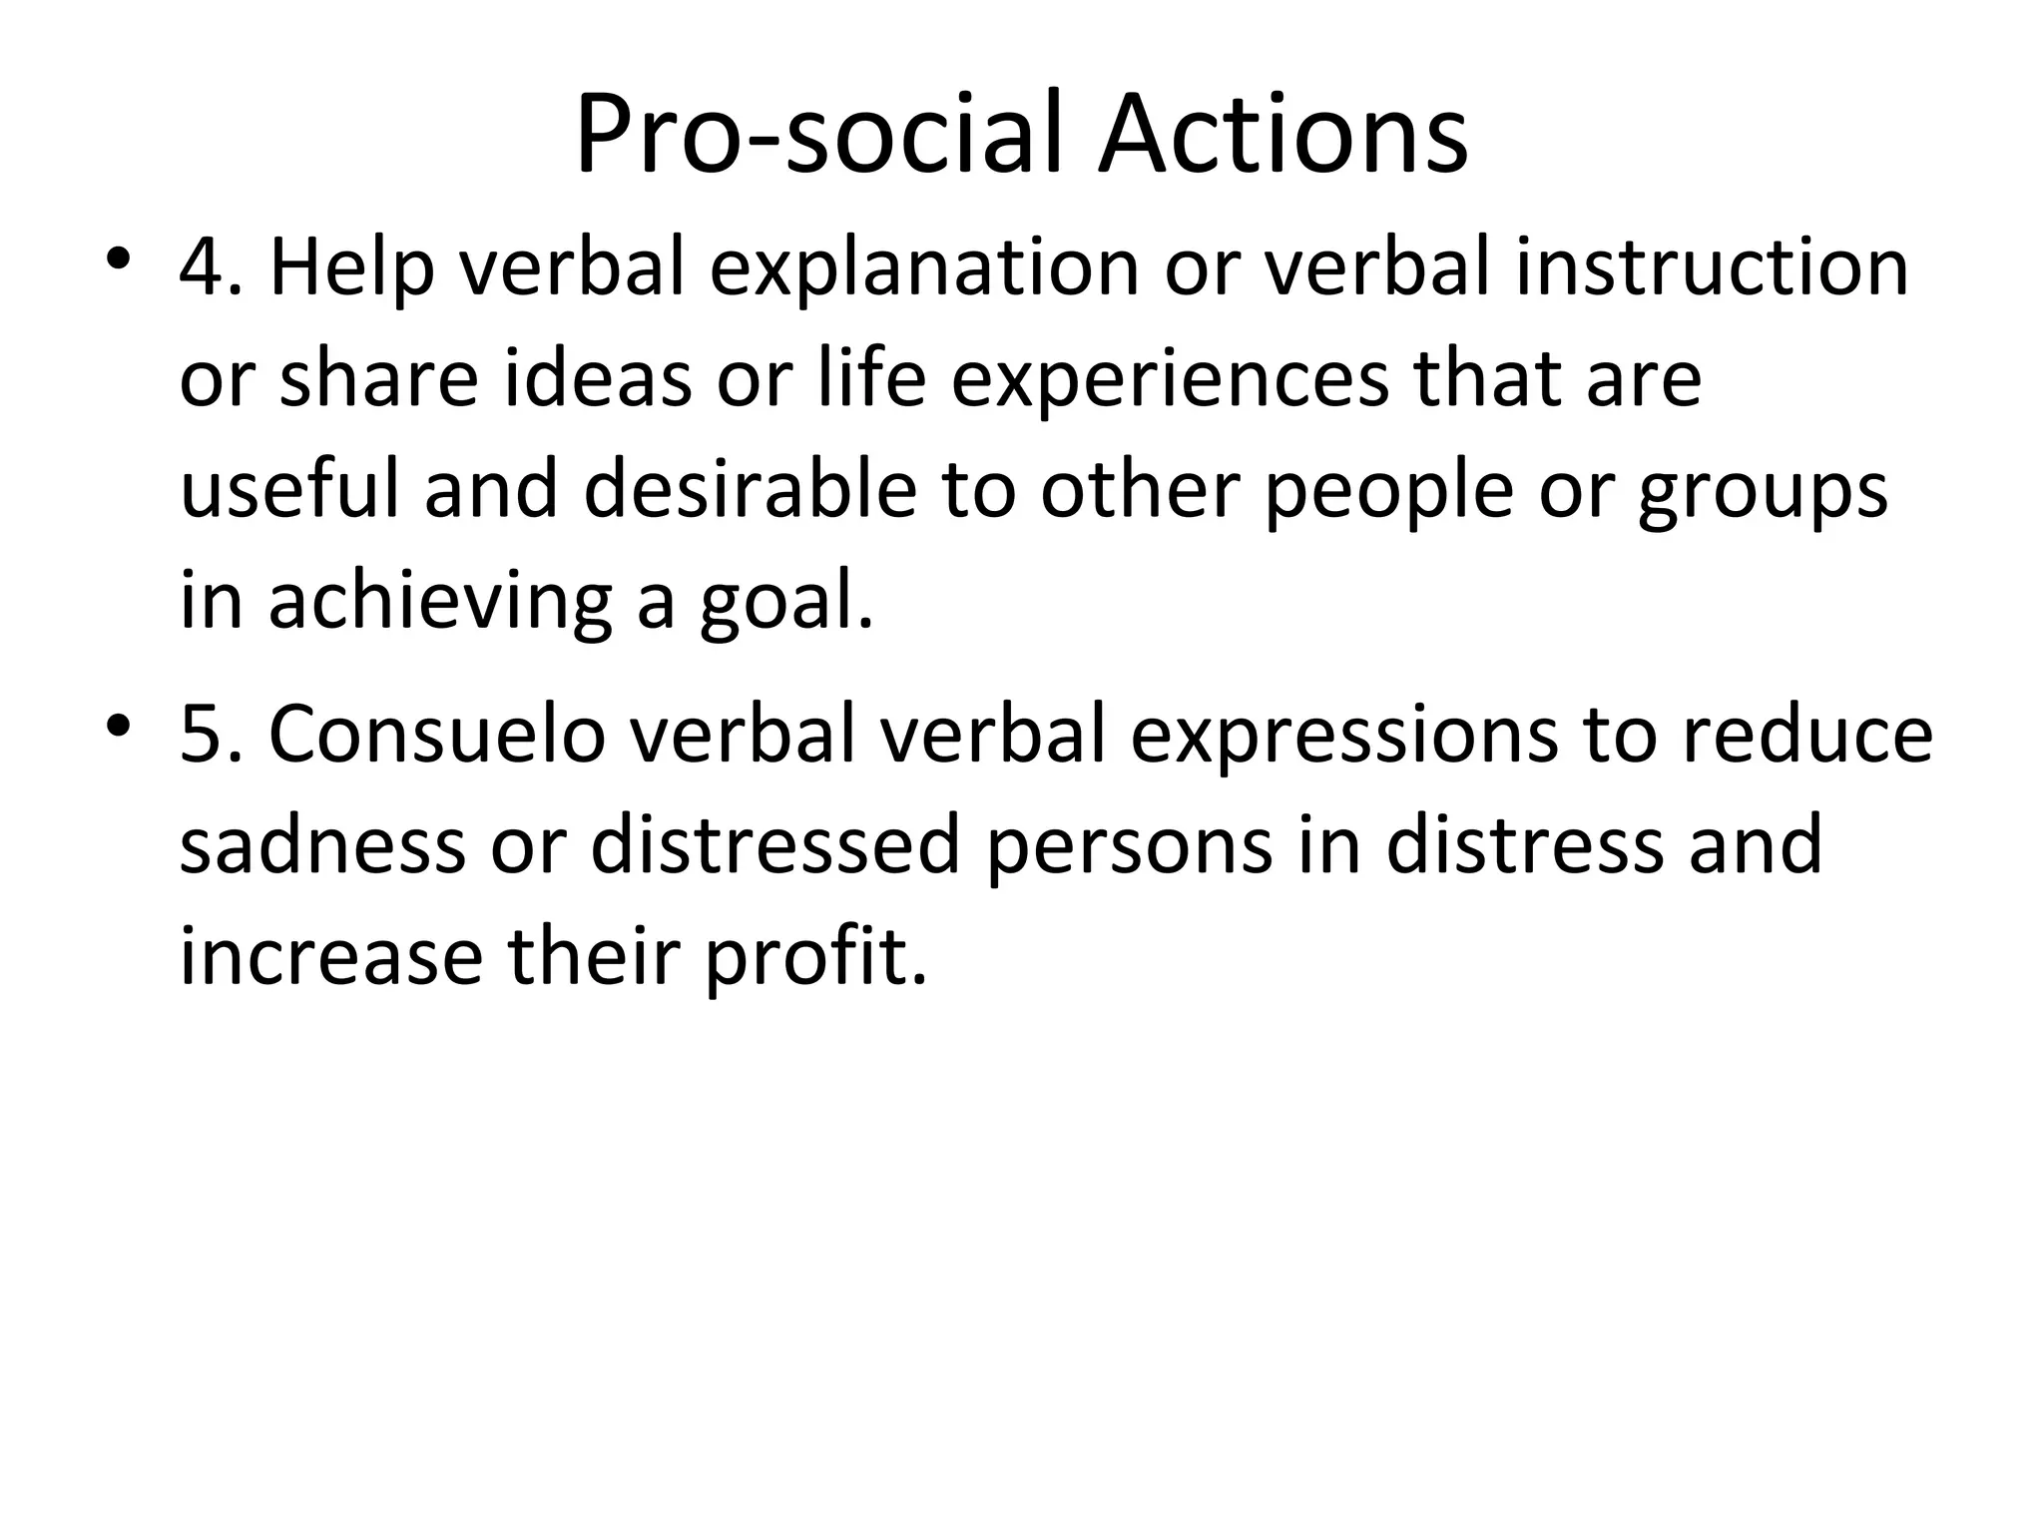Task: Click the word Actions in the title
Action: pos(1282,136)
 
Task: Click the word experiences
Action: pos(1170,379)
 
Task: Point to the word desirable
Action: pos(750,490)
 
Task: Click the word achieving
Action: pos(440,602)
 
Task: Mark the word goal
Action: pos(785,602)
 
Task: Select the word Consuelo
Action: pos(437,735)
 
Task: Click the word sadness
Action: pos(322,845)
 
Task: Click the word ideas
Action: pos(598,379)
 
